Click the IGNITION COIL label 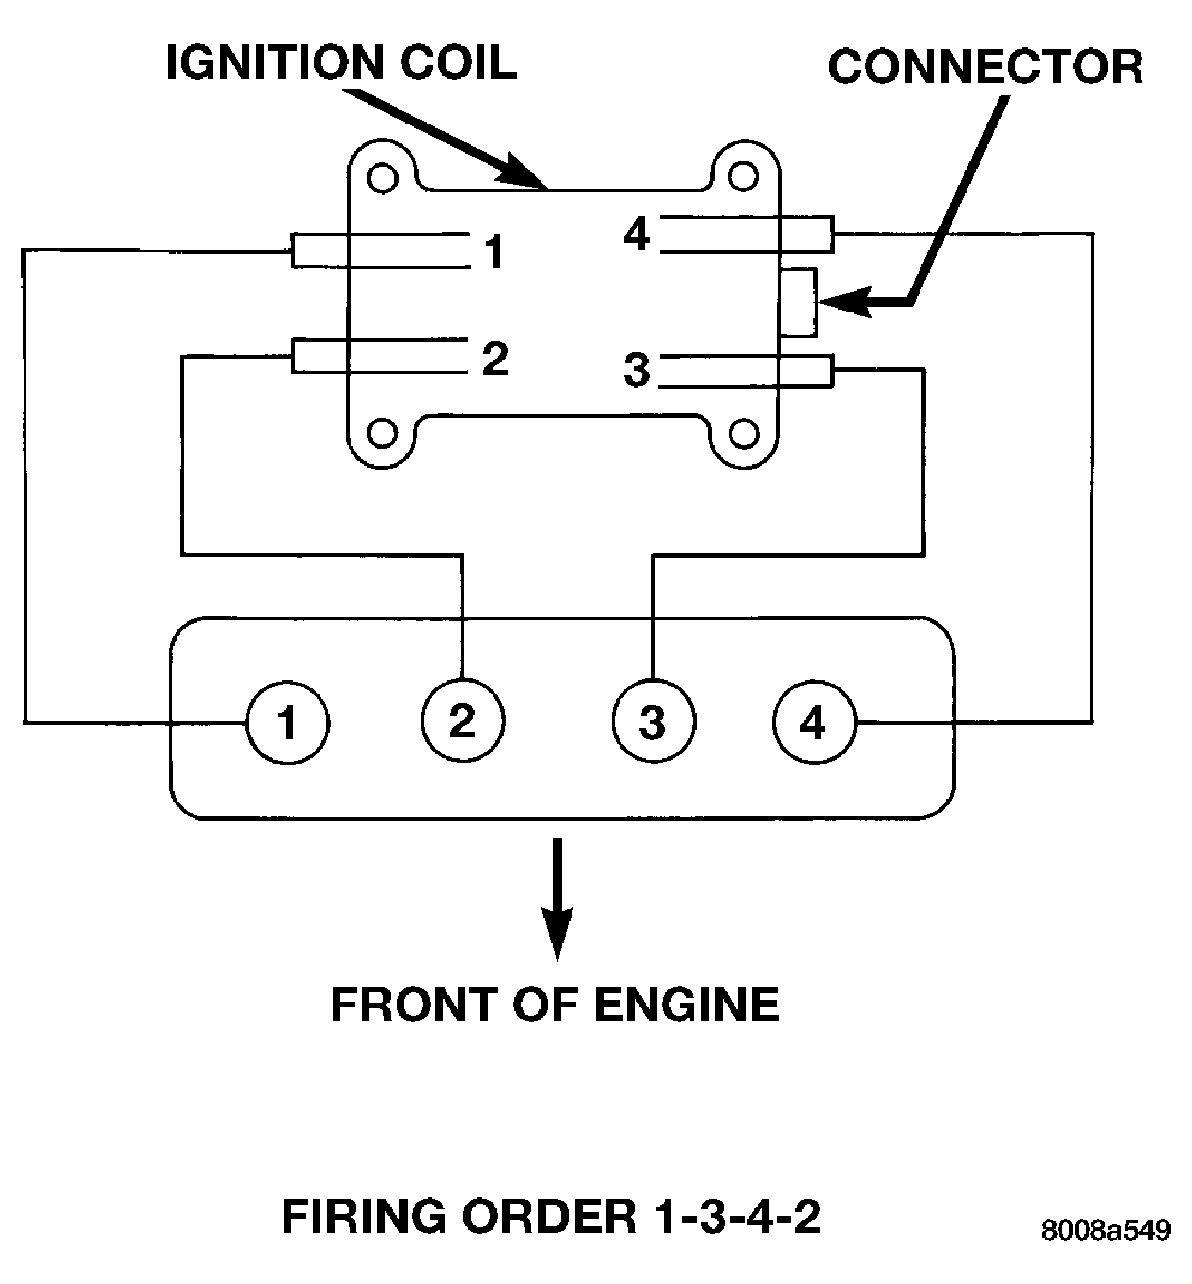pos(340,62)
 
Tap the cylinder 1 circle pos(288,723)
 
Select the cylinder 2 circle pos(462,721)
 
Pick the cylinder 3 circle pos(653,722)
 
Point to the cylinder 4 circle pos(814,723)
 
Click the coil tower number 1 pos(494,251)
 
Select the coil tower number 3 pos(636,370)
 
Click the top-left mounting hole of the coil pos(383,177)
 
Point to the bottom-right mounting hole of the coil pos(744,433)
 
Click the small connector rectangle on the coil pos(798,302)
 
